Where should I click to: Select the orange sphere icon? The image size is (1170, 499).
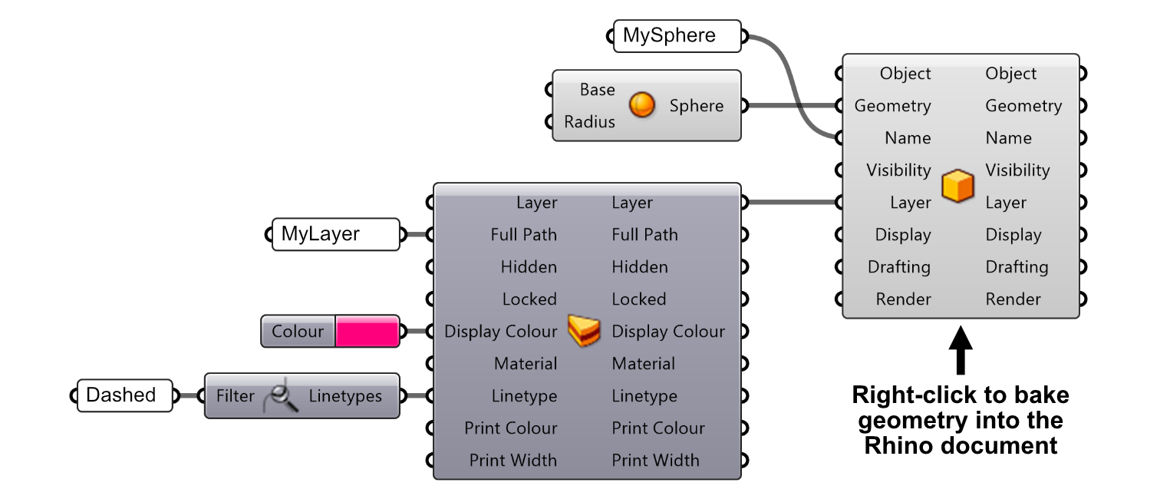click(642, 105)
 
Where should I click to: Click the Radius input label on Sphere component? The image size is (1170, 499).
click(589, 122)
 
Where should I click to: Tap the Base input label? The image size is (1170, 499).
click(597, 90)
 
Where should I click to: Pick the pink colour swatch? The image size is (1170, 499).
click(367, 332)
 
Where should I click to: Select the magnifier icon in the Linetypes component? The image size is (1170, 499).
click(281, 396)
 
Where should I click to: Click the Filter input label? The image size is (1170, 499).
click(235, 396)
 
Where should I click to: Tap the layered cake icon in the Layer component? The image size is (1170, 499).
click(584, 331)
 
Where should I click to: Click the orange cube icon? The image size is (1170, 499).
click(957, 187)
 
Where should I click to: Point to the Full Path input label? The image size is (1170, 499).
click(523, 235)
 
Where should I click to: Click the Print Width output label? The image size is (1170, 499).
click(655, 461)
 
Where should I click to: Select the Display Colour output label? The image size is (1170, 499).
click(667, 332)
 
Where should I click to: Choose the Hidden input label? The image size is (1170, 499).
click(529, 267)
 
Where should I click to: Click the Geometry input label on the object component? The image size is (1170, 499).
click(892, 106)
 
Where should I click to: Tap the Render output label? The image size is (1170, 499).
click(1013, 299)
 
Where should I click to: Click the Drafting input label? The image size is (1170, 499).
click(898, 267)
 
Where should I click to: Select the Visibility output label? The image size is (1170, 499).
click(1017, 170)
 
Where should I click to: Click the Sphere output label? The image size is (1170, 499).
click(696, 106)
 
